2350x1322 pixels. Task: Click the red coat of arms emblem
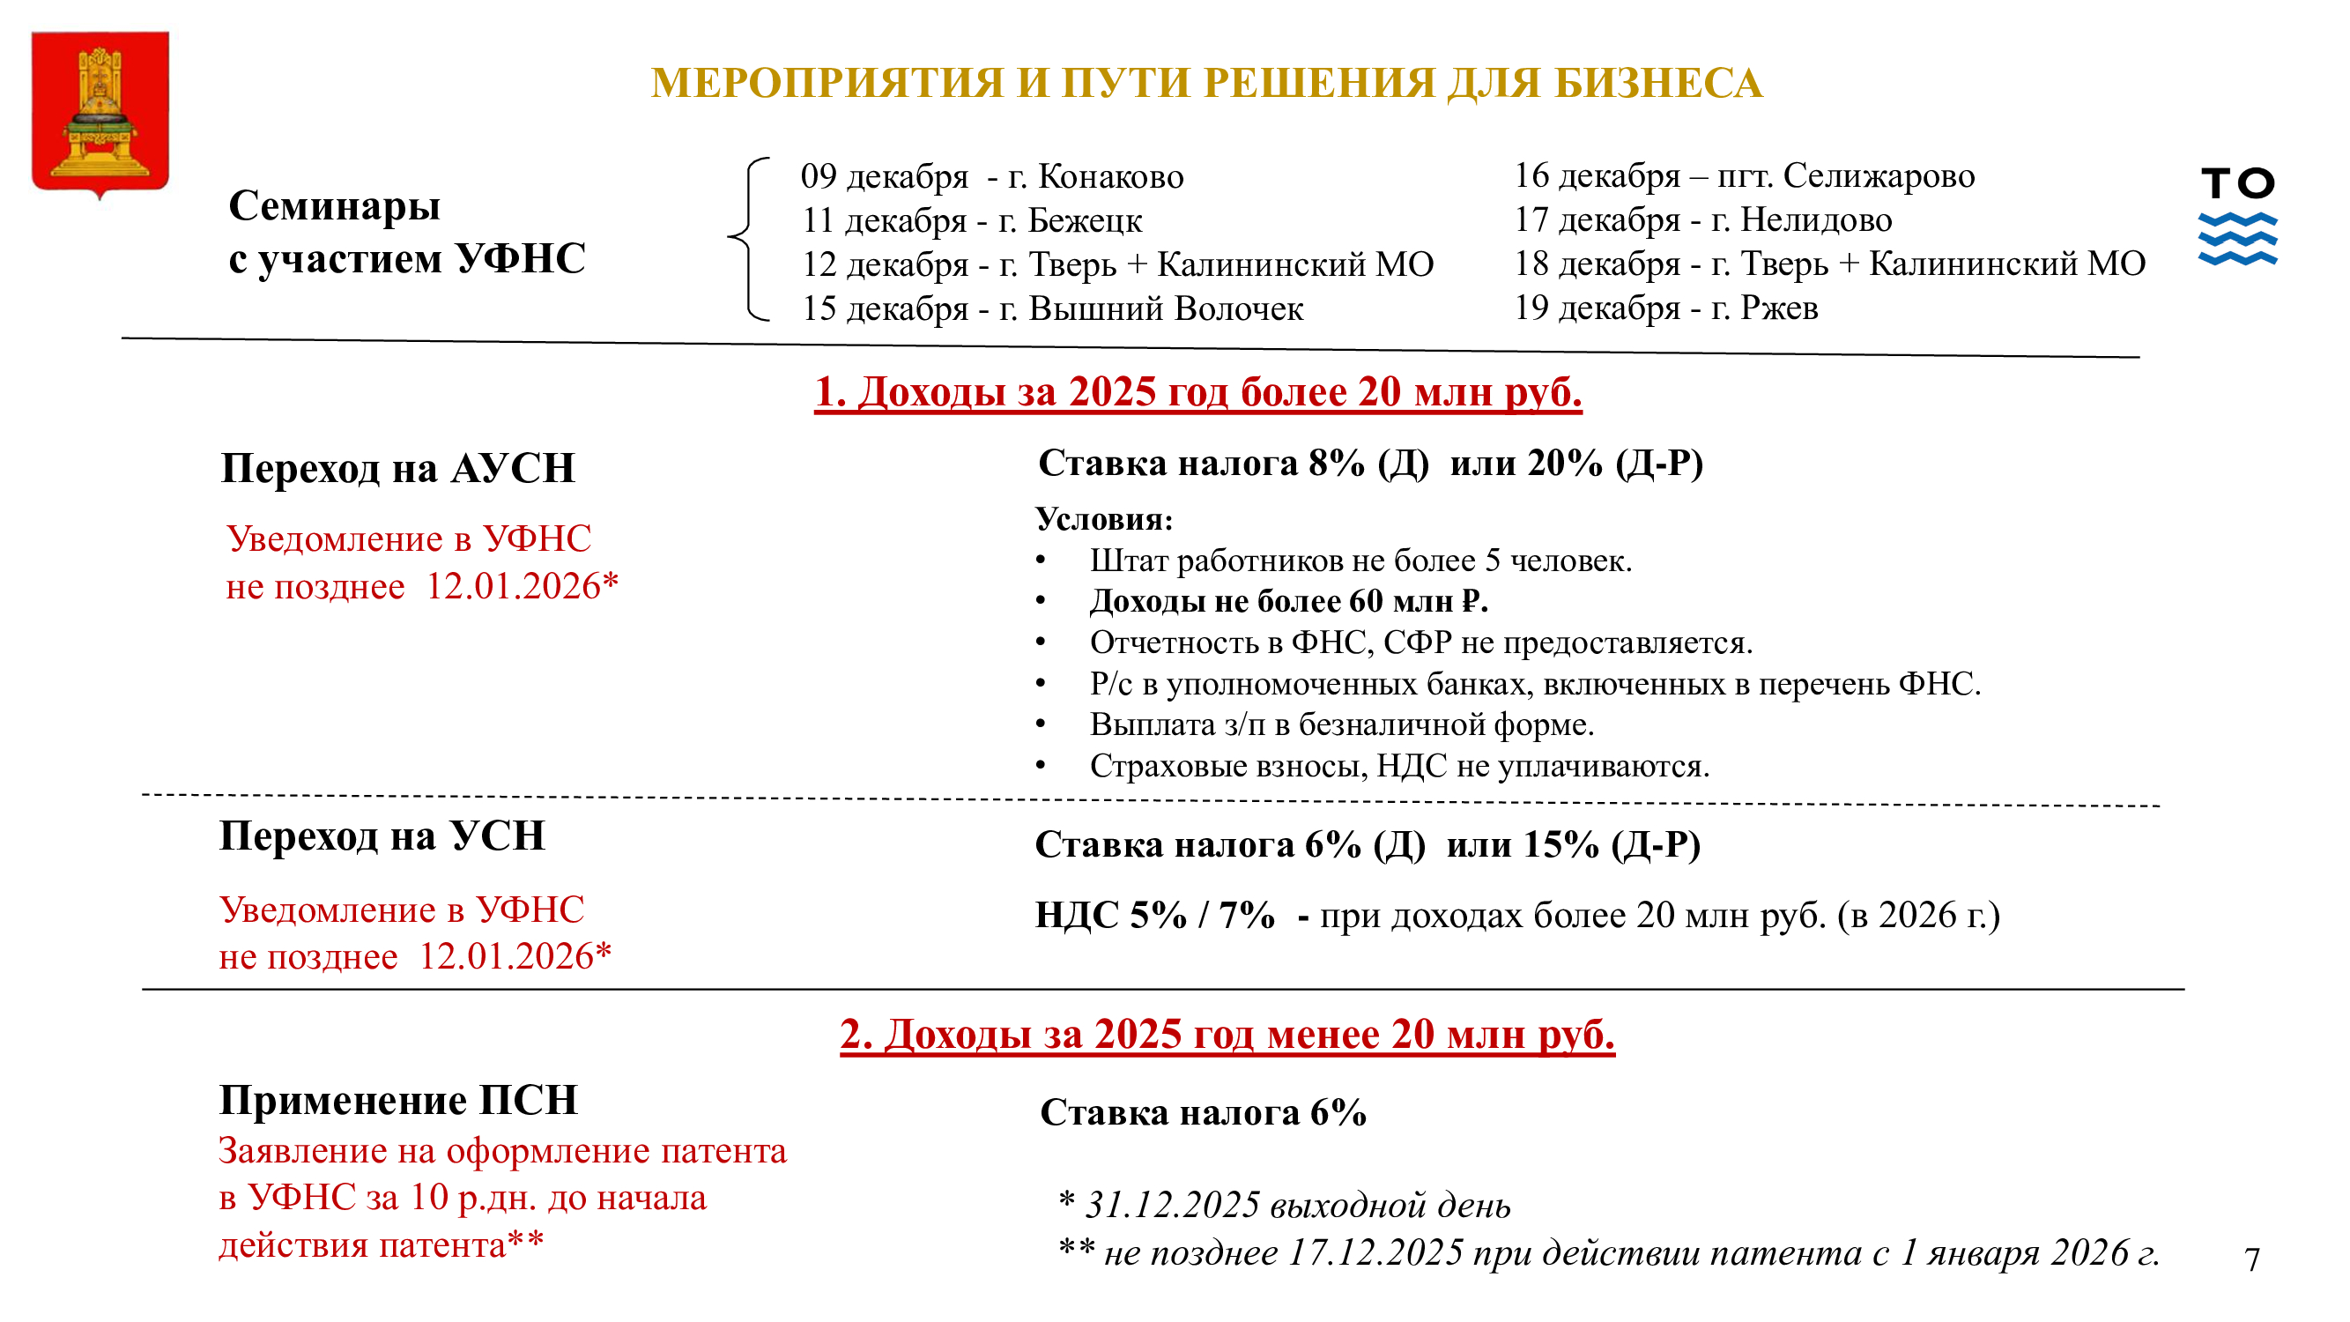[x=100, y=113]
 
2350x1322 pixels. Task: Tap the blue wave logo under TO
[x=2237, y=239]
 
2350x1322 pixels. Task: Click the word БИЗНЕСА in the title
[x=1657, y=83]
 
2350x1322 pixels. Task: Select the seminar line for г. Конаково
[x=991, y=176]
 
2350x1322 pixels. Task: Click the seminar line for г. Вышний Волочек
[x=1052, y=309]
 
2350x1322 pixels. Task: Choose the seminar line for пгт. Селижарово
[x=1744, y=175]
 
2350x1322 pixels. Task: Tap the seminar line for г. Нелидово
[x=1702, y=219]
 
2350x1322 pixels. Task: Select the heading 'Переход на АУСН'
[x=397, y=469]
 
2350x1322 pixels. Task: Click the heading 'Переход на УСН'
[x=382, y=836]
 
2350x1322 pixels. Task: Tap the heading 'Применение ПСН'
[x=397, y=1100]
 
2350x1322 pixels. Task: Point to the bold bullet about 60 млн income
[x=1288, y=601]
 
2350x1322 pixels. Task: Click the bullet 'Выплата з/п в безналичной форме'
[x=1341, y=724]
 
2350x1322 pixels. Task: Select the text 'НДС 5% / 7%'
[x=1154, y=915]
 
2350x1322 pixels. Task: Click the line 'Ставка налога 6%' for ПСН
[x=1203, y=1113]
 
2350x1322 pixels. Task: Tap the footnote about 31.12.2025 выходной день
[x=1285, y=1205]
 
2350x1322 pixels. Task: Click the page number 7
[x=2251, y=1259]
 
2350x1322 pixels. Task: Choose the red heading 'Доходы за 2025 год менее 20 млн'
[x=1227, y=1035]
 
